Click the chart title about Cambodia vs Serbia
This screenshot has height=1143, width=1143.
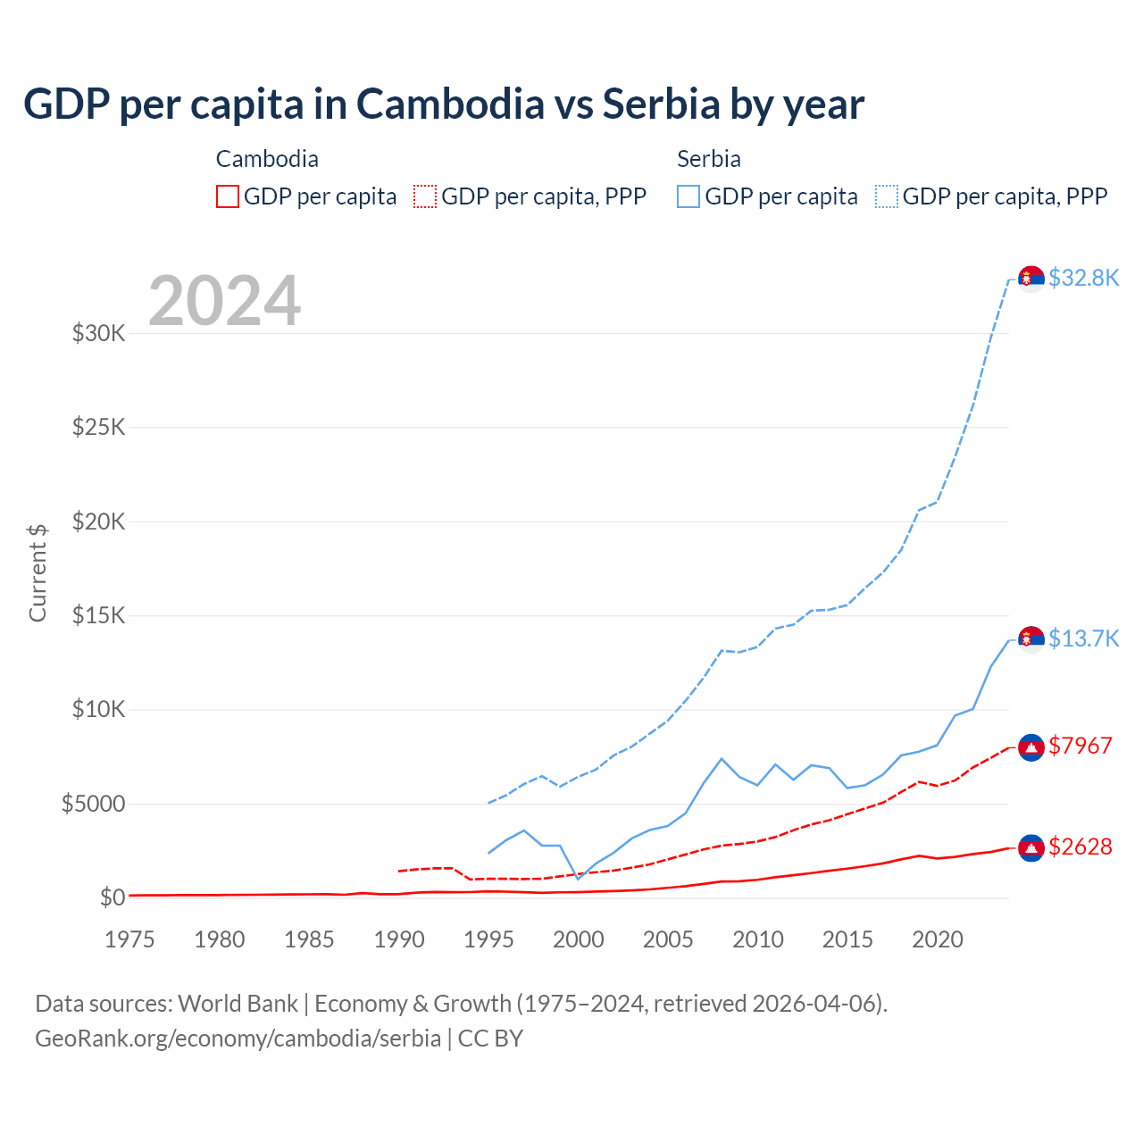click(444, 104)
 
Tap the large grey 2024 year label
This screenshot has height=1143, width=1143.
click(224, 301)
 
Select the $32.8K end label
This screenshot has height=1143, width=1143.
click(1083, 278)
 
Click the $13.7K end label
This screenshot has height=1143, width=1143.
click(1083, 638)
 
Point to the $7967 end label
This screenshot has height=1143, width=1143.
click(1080, 746)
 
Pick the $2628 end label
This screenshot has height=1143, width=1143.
click(1080, 847)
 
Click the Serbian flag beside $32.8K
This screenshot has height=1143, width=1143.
click(1031, 279)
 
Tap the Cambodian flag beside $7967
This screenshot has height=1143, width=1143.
click(1031, 747)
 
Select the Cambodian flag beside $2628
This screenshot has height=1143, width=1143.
click(1031, 847)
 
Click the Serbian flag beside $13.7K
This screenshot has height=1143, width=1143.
click(1031, 639)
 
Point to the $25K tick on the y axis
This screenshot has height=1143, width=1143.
click(99, 427)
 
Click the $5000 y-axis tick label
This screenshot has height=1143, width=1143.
click(93, 804)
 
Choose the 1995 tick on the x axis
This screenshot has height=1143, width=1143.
click(488, 939)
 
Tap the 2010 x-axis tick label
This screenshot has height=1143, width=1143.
click(758, 939)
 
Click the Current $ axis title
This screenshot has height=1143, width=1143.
click(38, 572)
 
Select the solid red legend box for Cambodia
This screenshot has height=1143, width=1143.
click(228, 196)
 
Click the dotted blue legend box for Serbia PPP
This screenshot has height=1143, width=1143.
click(887, 196)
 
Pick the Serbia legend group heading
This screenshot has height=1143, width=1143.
click(709, 159)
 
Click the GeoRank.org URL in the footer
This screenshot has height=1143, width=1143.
click(238, 1039)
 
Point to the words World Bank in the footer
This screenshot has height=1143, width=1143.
click(238, 1004)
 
